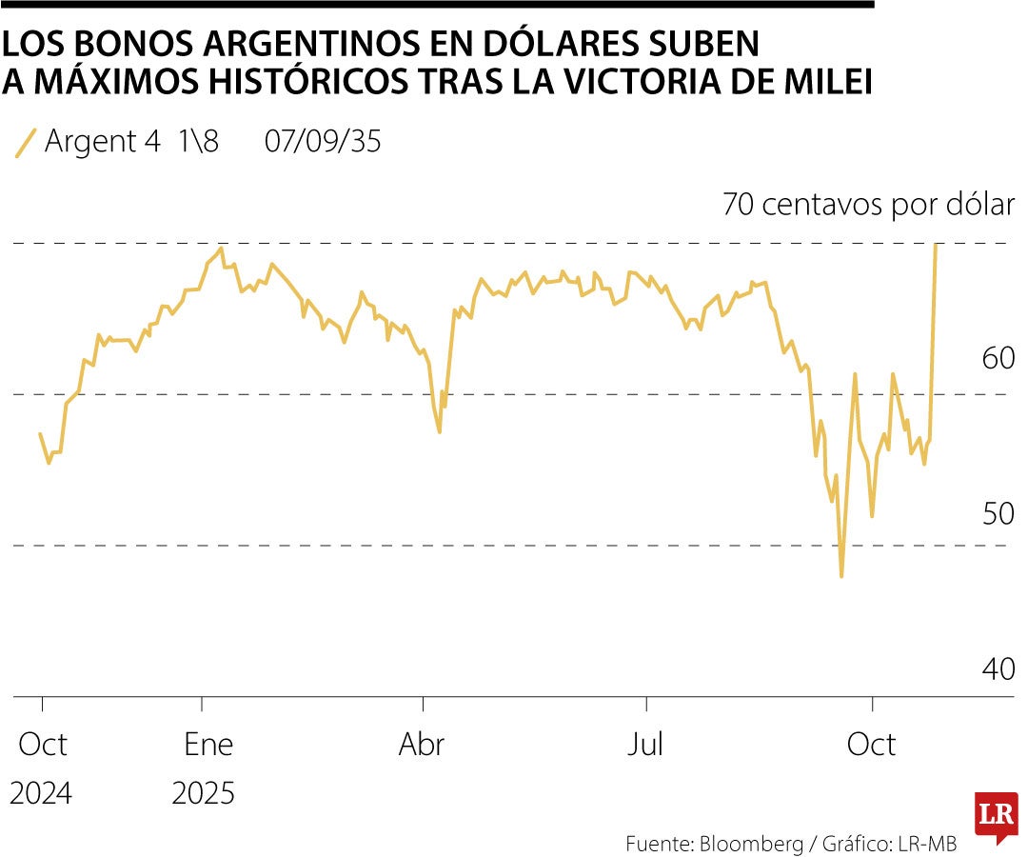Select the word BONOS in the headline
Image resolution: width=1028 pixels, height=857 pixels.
tap(128, 44)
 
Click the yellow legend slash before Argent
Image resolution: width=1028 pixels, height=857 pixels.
tap(27, 142)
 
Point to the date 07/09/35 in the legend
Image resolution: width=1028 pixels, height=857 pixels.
tap(323, 142)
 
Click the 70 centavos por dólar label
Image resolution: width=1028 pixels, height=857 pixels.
tap(868, 205)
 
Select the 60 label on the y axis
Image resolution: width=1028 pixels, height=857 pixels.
tap(998, 359)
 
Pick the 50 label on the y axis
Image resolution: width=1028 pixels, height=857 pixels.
tap(998, 513)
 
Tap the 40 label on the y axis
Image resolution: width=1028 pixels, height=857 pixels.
tap(998, 668)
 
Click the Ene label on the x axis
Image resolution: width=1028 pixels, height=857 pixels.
tap(208, 744)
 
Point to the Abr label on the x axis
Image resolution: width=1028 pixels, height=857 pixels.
tap(422, 744)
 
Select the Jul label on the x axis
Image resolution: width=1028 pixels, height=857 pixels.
tap(645, 744)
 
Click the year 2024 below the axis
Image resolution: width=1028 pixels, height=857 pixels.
tap(41, 792)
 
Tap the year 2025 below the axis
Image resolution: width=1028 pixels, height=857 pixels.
tap(204, 792)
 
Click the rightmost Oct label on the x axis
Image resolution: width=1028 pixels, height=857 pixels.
tap(871, 744)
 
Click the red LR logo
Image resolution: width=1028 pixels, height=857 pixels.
tap(996, 816)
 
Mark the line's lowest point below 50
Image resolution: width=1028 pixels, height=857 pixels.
tap(841, 576)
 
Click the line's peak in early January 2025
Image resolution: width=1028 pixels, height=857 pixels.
tap(221, 249)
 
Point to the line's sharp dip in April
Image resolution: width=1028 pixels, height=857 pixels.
tap(439, 431)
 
